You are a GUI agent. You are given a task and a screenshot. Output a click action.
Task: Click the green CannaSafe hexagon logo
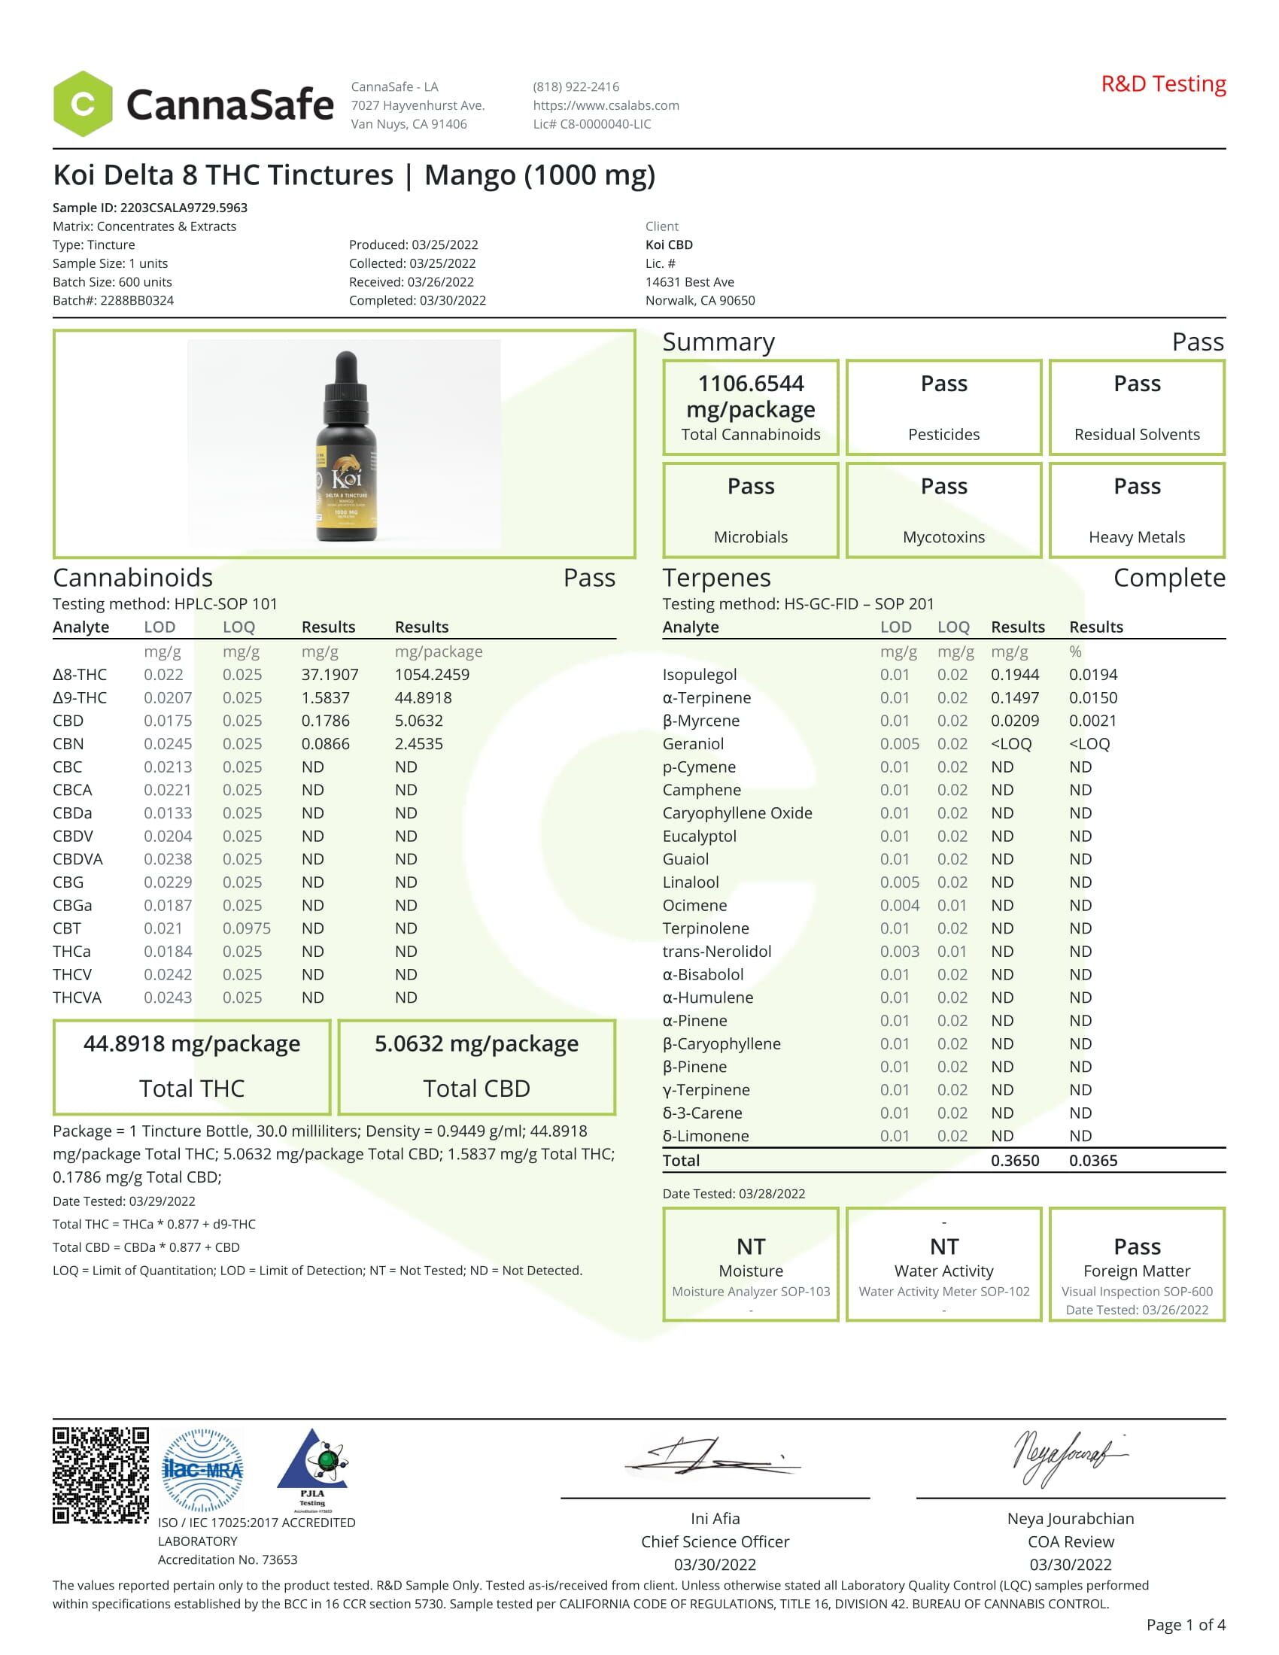(83, 104)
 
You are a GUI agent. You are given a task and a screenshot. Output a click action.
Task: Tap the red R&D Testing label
(1163, 84)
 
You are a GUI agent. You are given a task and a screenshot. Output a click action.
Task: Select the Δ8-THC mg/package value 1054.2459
(432, 675)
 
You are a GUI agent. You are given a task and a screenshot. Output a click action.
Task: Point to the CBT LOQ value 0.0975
(246, 928)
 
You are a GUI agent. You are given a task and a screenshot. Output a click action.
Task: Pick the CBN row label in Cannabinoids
(68, 743)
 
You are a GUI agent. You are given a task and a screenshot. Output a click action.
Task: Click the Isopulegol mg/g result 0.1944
(1015, 675)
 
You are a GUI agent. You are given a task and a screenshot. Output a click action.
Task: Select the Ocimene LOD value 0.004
(899, 905)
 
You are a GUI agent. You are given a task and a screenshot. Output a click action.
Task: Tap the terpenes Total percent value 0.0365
(1092, 1160)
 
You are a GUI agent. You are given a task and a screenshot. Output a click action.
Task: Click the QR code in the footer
(101, 1474)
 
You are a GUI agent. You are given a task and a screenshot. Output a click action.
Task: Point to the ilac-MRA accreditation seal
(203, 1470)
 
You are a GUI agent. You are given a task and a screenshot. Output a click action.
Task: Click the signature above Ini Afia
(712, 1456)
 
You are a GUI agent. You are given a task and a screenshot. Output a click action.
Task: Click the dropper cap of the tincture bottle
(346, 379)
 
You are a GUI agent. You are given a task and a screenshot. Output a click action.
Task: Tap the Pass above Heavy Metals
(1137, 486)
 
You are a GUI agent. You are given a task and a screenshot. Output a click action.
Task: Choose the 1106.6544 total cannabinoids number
(750, 384)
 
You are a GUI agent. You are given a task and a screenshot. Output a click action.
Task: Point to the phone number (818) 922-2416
(576, 87)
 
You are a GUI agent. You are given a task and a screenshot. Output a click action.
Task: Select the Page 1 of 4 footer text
(1185, 1624)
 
